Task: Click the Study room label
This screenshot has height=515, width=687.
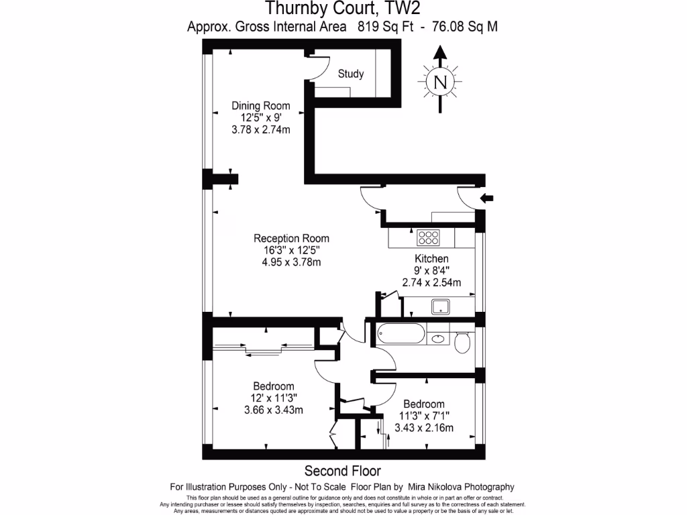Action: point(351,74)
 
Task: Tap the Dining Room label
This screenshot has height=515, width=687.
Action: point(261,105)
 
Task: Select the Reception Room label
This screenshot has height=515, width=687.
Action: point(291,238)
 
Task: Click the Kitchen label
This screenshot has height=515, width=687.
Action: point(431,259)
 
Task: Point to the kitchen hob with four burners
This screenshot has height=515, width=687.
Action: point(428,237)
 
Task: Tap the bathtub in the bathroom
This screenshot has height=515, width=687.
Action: point(401,333)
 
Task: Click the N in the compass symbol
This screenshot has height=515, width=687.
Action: point(440,82)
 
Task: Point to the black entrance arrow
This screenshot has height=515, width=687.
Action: point(487,198)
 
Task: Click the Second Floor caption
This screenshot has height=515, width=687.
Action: point(343,471)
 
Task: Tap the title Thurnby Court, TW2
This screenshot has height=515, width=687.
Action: point(343,9)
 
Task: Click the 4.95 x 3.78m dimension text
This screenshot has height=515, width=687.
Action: point(291,262)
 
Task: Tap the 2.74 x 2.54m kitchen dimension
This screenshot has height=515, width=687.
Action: point(431,283)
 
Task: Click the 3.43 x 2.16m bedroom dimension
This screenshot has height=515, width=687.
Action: point(424,428)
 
